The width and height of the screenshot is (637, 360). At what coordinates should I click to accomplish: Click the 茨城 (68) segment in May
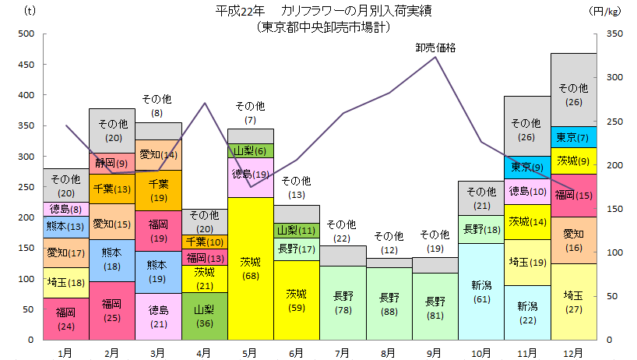point(250,269)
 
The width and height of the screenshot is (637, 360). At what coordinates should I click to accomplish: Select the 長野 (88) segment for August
point(389,304)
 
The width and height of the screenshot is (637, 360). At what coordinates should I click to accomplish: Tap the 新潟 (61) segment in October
point(480,291)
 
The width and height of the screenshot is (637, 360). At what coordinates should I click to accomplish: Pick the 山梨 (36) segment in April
point(204,316)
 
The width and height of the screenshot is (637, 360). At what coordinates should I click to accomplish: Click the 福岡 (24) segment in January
point(65,319)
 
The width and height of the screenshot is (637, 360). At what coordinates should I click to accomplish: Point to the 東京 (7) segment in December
point(573,137)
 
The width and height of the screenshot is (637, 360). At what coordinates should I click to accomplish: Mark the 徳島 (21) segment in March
point(158,316)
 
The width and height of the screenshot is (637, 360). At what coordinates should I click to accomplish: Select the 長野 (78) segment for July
point(343,303)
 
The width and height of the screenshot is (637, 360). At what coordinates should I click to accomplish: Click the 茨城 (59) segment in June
point(297,300)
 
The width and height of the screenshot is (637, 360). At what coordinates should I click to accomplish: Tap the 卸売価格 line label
point(435,48)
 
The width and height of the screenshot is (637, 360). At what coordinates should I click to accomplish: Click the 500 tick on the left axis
point(25,34)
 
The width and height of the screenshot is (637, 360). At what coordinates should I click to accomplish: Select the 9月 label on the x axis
point(435,351)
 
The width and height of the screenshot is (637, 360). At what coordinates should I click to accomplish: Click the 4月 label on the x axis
point(204,351)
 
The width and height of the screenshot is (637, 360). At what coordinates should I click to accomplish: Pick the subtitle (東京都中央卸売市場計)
point(322,26)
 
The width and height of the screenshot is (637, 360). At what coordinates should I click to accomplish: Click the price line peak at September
point(435,57)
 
